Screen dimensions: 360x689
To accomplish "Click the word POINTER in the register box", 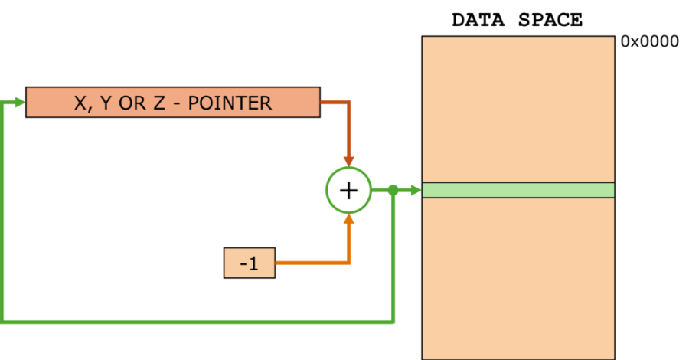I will [x=230, y=103].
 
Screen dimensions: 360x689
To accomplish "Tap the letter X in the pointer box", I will [x=80, y=103].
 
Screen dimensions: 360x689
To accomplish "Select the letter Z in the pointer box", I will [x=158, y=103].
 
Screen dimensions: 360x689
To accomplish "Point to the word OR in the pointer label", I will [x=132, y=103].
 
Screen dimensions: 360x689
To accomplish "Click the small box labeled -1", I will [x=249, y=263].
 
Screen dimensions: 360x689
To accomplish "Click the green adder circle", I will [x=348, y=189].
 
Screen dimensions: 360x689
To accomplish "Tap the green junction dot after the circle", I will [x=393, y=189].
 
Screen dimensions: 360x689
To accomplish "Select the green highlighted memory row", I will [x=518, y=190].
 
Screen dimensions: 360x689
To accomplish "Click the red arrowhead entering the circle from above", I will [x=348, y=161].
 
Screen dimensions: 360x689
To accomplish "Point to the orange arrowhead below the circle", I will [x=349, y=219].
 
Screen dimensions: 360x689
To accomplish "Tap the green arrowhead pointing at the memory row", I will [x=416, y=190].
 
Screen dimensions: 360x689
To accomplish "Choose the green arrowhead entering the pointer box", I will [x=20, y=102].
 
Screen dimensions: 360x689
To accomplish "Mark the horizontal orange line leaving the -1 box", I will [x=310, y=263].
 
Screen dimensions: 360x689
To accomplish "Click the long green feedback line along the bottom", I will [x=199, y=322].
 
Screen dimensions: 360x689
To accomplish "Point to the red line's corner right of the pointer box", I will [x=348, y=102].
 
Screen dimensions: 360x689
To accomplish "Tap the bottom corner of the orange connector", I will [x=349, y=263].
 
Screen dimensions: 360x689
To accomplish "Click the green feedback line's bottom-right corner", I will [x=393, y=322].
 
